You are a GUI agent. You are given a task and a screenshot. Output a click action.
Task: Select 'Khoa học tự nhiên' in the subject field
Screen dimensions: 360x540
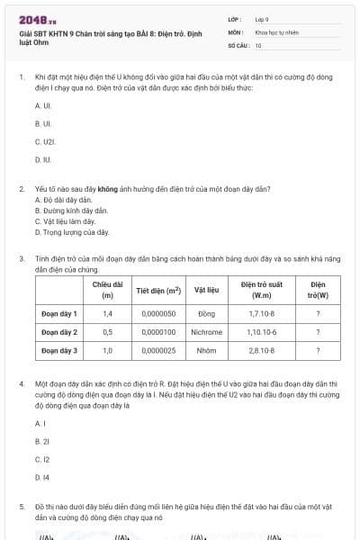[274, 31]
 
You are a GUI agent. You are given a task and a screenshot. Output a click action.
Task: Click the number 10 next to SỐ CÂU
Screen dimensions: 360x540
[258, 44]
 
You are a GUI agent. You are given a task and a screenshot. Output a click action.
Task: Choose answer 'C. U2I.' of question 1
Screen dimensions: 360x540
[45, 141]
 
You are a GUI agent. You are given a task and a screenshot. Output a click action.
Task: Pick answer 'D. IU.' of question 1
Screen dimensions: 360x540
[43, 159]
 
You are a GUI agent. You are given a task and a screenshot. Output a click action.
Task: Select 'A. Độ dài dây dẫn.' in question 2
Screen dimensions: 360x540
[63, 199]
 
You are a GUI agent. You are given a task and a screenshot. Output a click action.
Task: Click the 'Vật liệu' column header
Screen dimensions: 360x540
[206, 291]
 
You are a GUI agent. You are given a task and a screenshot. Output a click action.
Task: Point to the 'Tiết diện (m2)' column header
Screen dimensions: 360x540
[158, 291]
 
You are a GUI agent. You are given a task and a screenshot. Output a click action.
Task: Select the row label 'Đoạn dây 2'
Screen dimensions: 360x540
[59, 332]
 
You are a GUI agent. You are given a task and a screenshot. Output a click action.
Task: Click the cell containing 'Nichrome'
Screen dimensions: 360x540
[206, 332]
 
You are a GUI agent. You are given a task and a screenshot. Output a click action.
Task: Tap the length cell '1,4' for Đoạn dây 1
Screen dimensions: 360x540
[108, 314]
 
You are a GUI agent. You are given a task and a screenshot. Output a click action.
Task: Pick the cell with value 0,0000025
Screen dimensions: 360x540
[158, 350]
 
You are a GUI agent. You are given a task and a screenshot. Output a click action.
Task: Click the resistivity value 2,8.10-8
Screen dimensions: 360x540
[262, 350]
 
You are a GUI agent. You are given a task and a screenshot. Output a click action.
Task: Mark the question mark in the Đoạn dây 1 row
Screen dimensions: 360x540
[318, 314]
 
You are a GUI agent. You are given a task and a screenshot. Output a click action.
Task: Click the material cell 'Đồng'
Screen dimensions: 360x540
[206, 314]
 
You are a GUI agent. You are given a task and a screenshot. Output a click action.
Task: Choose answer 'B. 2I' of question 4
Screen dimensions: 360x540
[41, 441]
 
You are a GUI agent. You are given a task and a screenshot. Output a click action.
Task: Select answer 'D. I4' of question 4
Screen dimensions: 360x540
[41, 477]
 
